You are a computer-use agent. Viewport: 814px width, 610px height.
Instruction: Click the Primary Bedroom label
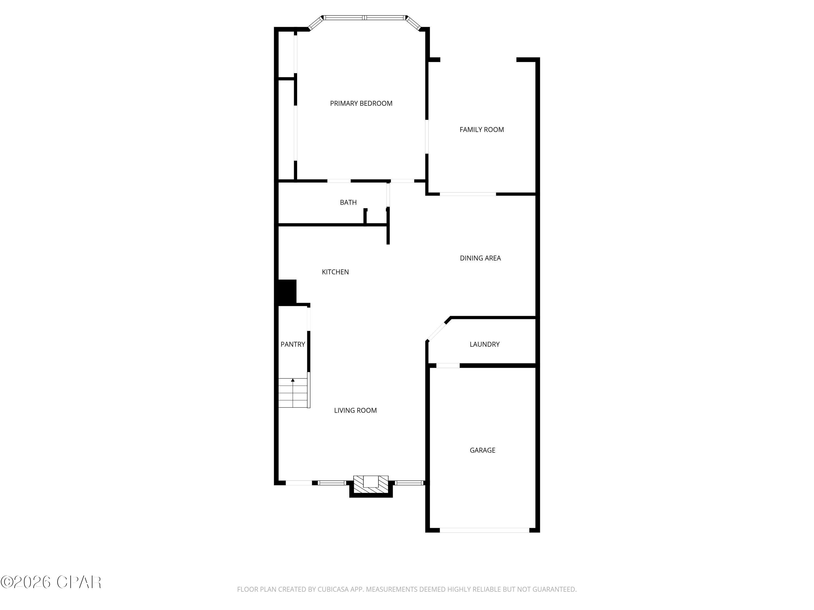coord(361,104)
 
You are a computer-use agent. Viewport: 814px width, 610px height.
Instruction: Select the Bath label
coord(348,203)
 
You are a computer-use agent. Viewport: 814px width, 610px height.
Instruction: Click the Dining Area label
coord(480,258)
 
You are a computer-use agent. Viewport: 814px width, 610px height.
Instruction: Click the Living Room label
coord(355,411)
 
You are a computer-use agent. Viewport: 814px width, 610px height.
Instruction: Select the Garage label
coord(482,450)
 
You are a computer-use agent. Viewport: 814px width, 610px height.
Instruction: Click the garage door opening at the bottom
coord(484,530)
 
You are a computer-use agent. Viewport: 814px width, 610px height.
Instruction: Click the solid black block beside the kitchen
coord(287,292)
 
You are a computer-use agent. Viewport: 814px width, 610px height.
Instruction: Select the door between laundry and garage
coord(448,366)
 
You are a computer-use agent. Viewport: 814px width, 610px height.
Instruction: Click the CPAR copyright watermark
coord(51,582)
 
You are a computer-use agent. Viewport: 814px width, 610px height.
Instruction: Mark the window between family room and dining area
coord(468,194)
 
